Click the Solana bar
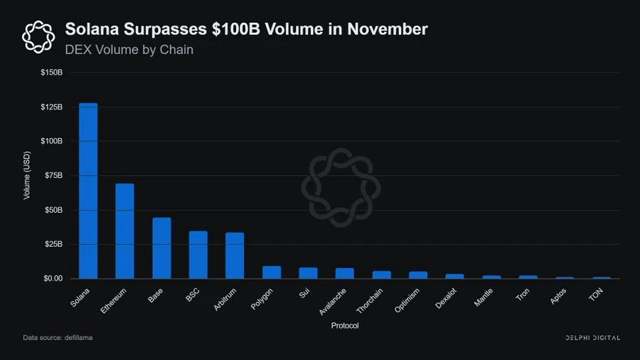(x=88, y=191)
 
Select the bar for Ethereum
(x=124, y=231)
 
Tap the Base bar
(x=161, y=248)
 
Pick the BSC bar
(x=198, y=255)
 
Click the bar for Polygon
(x=272, y=272)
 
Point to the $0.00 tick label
(x=53, y=278)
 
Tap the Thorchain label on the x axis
(x=372, y=301)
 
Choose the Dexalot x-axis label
(x=449, y=299)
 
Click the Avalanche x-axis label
(x=335, y=301)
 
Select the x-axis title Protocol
(x=345, y=326)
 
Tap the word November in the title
(x=388, y=30)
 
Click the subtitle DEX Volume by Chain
(x=129, y=50)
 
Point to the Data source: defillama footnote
(x=58, y=337)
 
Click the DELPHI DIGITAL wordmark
(x=592, y=337)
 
